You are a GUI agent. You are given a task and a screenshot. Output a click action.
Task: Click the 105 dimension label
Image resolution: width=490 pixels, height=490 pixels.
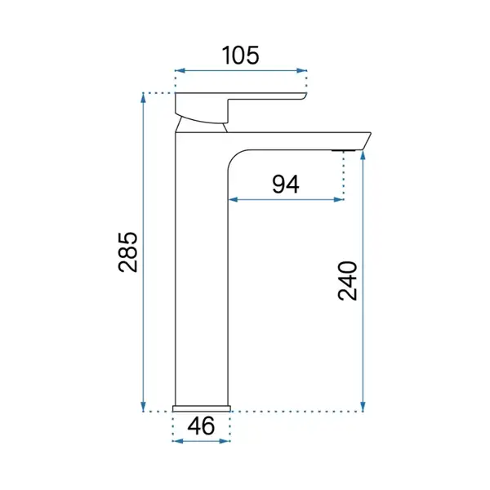(x=240, y=56)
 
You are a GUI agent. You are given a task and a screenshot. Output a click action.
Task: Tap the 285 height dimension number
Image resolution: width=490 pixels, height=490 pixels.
(x=128, y=252)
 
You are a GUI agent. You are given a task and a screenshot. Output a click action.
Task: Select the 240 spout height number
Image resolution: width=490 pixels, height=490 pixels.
(x=348, y=281)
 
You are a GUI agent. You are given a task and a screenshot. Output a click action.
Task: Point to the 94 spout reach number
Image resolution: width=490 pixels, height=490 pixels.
(x=286, y=185)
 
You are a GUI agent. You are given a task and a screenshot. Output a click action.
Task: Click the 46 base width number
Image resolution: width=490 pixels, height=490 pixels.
(x=201, y=425)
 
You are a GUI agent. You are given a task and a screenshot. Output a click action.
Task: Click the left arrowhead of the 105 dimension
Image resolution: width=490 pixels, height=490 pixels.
(x=180, y=70)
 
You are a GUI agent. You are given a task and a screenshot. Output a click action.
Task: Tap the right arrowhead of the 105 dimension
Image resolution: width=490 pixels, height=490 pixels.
(x=301, y=70)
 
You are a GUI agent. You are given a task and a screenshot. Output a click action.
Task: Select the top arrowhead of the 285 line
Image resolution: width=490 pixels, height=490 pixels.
(x=144, y=98)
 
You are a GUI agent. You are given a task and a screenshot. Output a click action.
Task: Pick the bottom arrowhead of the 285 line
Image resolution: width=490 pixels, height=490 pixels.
(x=144, y=407)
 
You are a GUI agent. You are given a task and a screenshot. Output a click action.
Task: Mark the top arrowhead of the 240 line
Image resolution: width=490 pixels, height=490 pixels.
(x=363, y=155)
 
